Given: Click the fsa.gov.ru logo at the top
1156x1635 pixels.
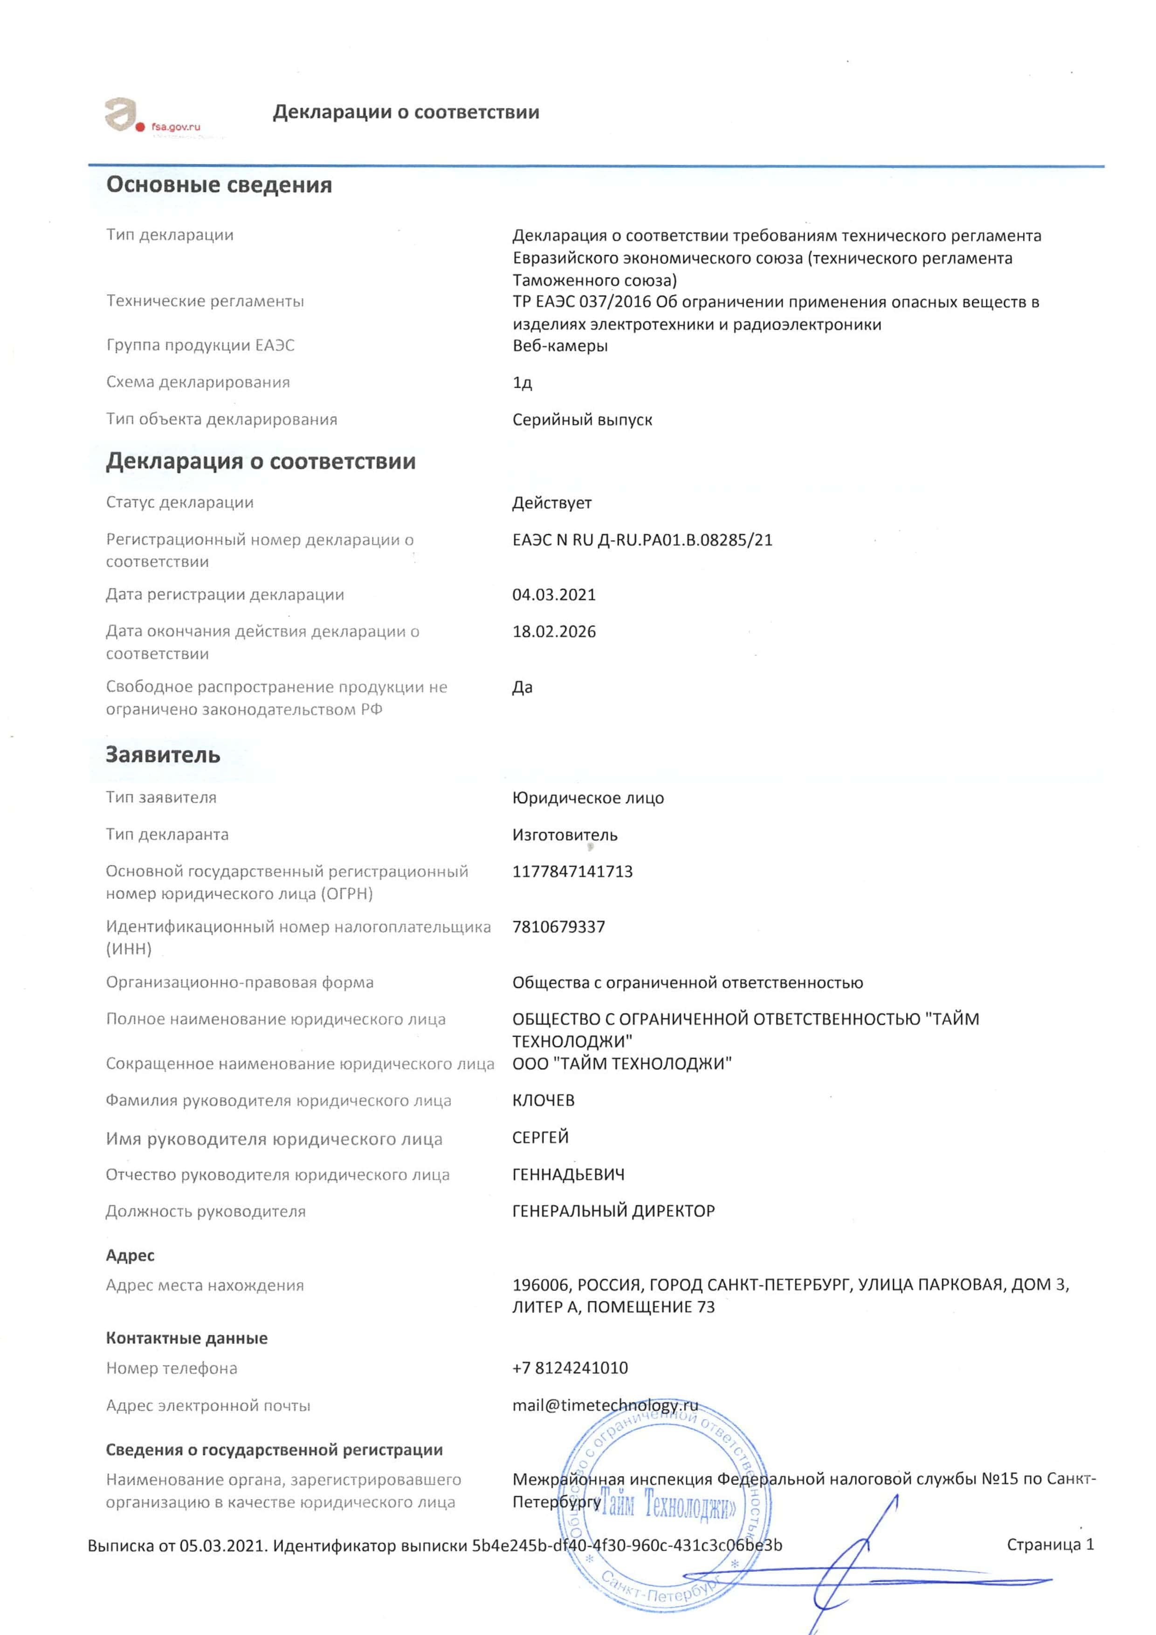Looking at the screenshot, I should click(152, 117).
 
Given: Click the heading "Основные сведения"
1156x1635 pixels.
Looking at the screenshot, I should click(219, 185).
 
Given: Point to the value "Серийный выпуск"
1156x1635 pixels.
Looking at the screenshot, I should click(582, 420).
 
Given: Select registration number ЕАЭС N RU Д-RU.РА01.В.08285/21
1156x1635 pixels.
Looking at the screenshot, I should click(642, 540).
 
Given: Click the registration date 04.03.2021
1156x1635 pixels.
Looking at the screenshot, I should click(554, 594).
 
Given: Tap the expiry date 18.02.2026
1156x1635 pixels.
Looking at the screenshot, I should click(554, 632).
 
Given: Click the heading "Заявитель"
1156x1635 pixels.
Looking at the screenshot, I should click(163, 755).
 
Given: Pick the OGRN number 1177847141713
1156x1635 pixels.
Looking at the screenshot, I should click(572, 872).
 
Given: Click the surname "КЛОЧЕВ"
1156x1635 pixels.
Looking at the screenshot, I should click(543, 1100).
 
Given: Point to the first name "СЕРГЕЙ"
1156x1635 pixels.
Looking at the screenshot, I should click(540, 1137).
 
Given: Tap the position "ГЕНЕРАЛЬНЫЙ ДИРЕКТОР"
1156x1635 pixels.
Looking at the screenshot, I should click(613, 1211).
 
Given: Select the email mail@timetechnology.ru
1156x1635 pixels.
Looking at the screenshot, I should click(605, 1406).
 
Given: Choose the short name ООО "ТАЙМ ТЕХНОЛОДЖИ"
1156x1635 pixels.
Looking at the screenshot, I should click(621, 1064).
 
